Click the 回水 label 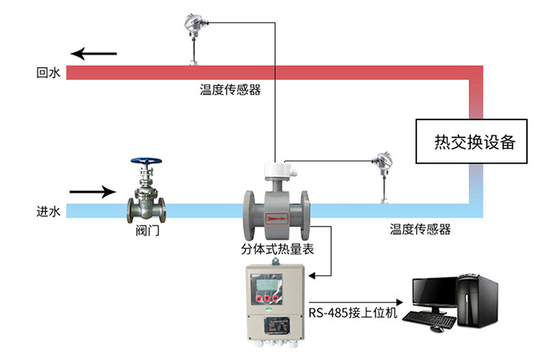pos(48,73)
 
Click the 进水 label pos(48,212)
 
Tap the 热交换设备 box pos(475,142)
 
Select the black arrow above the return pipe pos(94,53)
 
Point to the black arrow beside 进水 pos(92,192)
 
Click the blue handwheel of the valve pos(146,162)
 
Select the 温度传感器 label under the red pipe pos(230,91)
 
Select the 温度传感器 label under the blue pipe pos(420,230)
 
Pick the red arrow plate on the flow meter pos(276,215)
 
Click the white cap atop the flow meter pos(278,170)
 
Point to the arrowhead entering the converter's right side pos(312,274)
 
